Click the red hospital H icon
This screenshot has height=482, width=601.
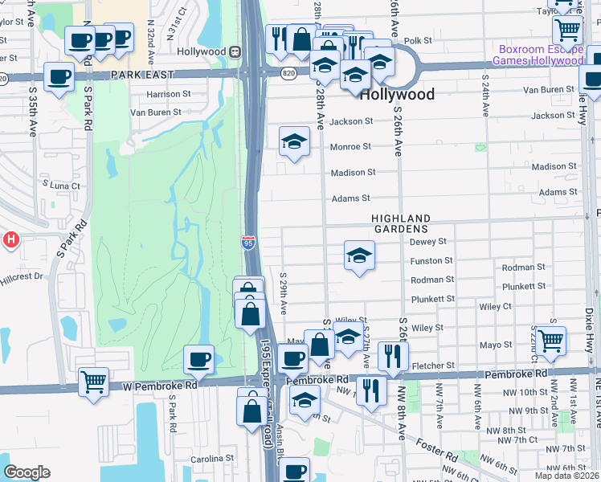coord(10,239)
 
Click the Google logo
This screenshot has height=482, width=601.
coord(27,472)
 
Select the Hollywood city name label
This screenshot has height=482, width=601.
coord(397,95)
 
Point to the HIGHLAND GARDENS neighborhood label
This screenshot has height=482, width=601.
coord(401,224)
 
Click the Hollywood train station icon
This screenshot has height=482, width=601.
coord(235,51)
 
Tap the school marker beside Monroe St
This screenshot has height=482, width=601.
coord(294,142)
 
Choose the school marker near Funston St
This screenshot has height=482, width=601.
coord(359,256)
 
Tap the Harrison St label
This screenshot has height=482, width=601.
coord(168,94)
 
